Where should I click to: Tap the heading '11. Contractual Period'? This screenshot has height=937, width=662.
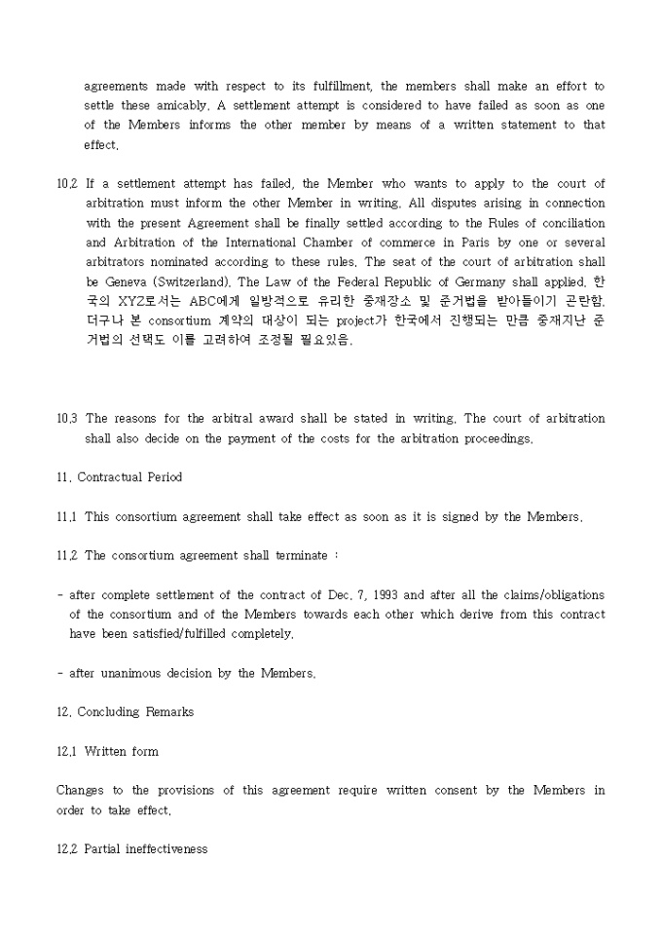pos(119,477)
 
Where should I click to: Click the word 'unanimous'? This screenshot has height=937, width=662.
pos(134,673)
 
